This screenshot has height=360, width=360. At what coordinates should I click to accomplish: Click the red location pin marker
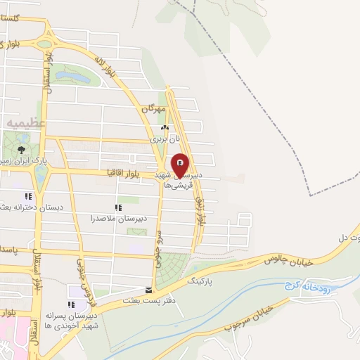181,165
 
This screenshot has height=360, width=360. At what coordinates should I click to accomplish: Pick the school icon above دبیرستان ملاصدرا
118,207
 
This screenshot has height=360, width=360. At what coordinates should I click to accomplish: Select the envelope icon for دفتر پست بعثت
148,289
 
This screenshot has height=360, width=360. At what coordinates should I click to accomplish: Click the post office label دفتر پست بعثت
148,300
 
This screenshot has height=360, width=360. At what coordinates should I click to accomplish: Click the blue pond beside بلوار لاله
72,74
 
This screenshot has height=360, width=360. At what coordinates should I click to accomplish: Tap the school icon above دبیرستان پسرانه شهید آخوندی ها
70,304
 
